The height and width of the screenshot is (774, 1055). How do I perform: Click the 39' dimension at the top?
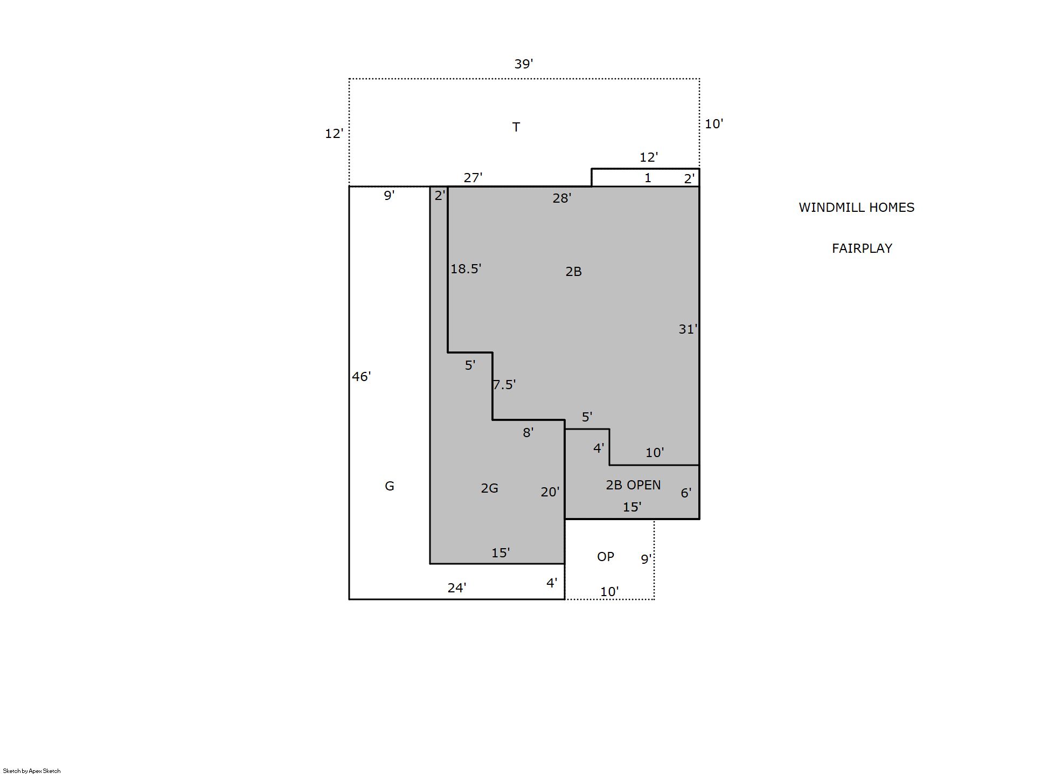524,64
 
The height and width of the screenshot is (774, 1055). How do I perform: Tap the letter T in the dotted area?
516,127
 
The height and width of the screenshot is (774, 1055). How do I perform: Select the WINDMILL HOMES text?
856,208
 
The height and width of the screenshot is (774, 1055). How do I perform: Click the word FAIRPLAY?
862,248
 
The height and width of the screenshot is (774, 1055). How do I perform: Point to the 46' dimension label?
362,377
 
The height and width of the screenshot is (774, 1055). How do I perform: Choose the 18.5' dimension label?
466,269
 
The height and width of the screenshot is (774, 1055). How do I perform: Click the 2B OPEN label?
633,485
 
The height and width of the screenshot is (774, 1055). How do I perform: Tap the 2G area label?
489,488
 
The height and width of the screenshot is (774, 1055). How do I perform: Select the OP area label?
606,557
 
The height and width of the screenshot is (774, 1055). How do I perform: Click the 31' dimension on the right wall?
688,329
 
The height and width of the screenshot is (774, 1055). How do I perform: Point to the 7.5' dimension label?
504,385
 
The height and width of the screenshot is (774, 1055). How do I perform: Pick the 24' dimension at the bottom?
457,588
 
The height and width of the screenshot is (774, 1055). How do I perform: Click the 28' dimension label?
562,198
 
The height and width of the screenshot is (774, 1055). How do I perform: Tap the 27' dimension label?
473,178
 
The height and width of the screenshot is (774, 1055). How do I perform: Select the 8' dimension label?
528,433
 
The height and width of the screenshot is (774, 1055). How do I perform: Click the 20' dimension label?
550,492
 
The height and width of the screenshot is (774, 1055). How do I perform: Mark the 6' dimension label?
686,493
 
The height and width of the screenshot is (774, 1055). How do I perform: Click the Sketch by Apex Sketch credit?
32,771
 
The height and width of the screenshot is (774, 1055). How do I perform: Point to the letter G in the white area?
390,486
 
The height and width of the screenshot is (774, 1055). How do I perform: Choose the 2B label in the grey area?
574,272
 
